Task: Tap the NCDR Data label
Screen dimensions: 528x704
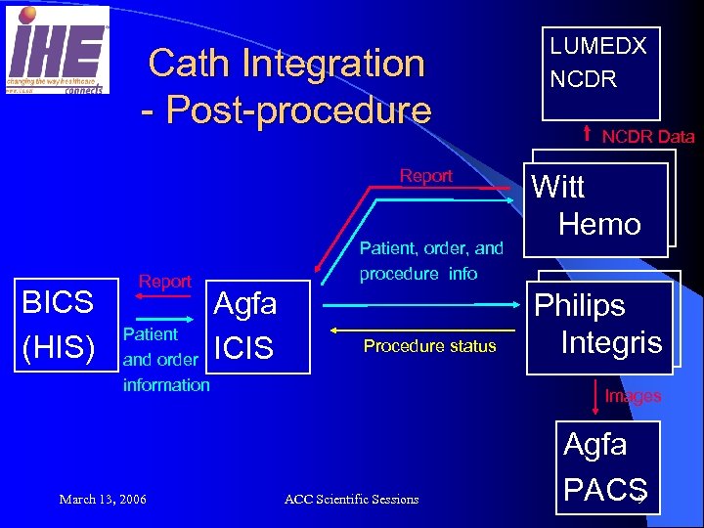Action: click(647, 137)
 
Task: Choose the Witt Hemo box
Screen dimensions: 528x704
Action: click(598, 204)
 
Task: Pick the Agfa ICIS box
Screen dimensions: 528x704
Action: click(244, 326)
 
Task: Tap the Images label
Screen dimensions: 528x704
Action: click(633, 396)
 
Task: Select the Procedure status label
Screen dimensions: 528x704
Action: click(429, 346)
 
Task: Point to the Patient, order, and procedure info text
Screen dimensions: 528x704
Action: click(431, 261)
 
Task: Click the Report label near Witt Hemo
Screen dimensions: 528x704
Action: click(425, 176)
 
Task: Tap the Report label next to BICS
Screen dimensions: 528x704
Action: click(164, 282)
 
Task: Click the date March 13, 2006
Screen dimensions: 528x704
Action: click(103, 500)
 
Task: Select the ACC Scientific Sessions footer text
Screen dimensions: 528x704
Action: click(351, 500)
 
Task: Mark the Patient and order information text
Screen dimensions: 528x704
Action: click(165, 360)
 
